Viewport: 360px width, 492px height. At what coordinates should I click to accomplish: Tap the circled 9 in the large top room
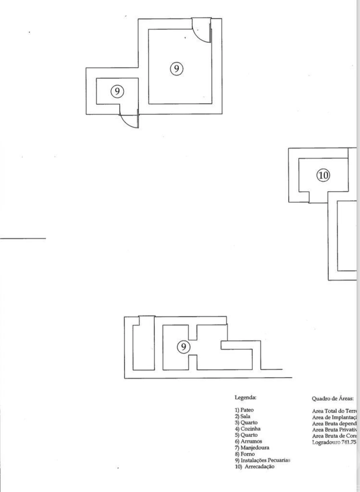click(176, 69)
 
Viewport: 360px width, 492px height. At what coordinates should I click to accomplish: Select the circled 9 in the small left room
click(117, 91)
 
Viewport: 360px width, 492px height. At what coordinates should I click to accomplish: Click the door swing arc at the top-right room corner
click(201, 30)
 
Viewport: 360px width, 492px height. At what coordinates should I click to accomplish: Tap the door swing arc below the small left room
click(129, 121)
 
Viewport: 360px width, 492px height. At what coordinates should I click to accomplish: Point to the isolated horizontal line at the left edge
click(23, 238)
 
